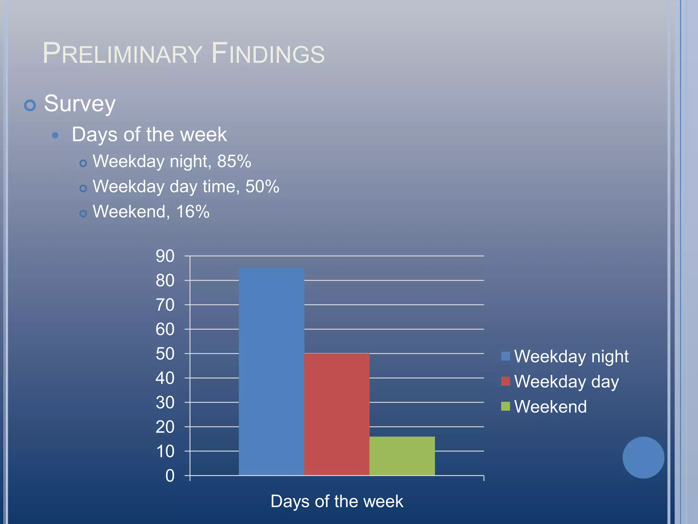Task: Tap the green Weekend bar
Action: pos(402,456)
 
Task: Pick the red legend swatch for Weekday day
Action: pos(505,381)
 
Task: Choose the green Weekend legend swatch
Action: pos(505,406)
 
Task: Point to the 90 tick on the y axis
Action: pos(165,256)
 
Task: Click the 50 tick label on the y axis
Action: pos(165,354)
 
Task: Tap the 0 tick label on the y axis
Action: pos(170,476)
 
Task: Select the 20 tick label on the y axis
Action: pos(165,427)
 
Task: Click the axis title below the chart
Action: pos(337,501)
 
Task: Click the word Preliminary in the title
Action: pos(122,54)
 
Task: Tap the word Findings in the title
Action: pos(268,54)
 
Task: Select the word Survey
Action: pos(80,104)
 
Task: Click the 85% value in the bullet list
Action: pos(234,161)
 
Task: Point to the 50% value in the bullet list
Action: pos(262,187)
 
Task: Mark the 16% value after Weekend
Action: pos(193,212)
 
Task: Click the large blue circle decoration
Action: pos(643,457)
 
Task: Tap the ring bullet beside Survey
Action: pos(30,105)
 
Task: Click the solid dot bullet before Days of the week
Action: pos(55,136)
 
